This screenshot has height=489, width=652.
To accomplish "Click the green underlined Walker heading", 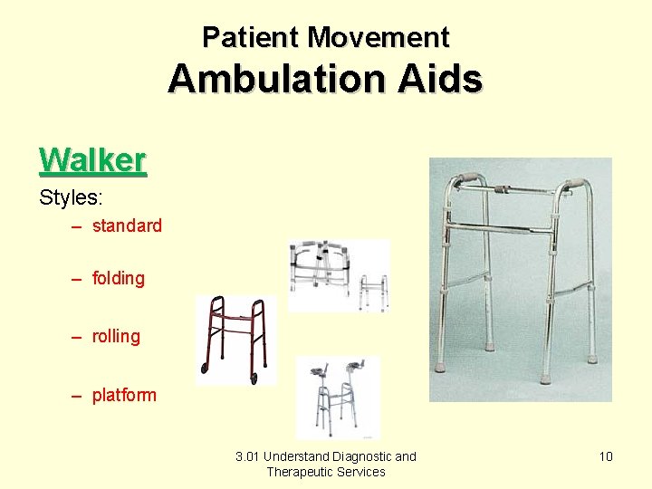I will [92, 160].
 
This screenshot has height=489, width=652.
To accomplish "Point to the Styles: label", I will [72, 197].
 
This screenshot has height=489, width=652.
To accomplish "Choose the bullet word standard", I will [127, 226].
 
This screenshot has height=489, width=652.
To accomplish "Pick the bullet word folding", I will [118, 279].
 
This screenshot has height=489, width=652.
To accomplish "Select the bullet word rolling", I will [116, 337].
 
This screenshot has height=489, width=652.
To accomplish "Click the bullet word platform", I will [124, 396].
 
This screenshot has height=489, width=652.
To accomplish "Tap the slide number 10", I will [606, 456].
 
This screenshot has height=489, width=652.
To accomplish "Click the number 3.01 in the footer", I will [247, 456].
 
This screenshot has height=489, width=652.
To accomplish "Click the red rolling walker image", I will [236, 340].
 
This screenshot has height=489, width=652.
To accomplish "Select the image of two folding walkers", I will [339, 275].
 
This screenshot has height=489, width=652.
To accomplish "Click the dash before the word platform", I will [78, 396].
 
